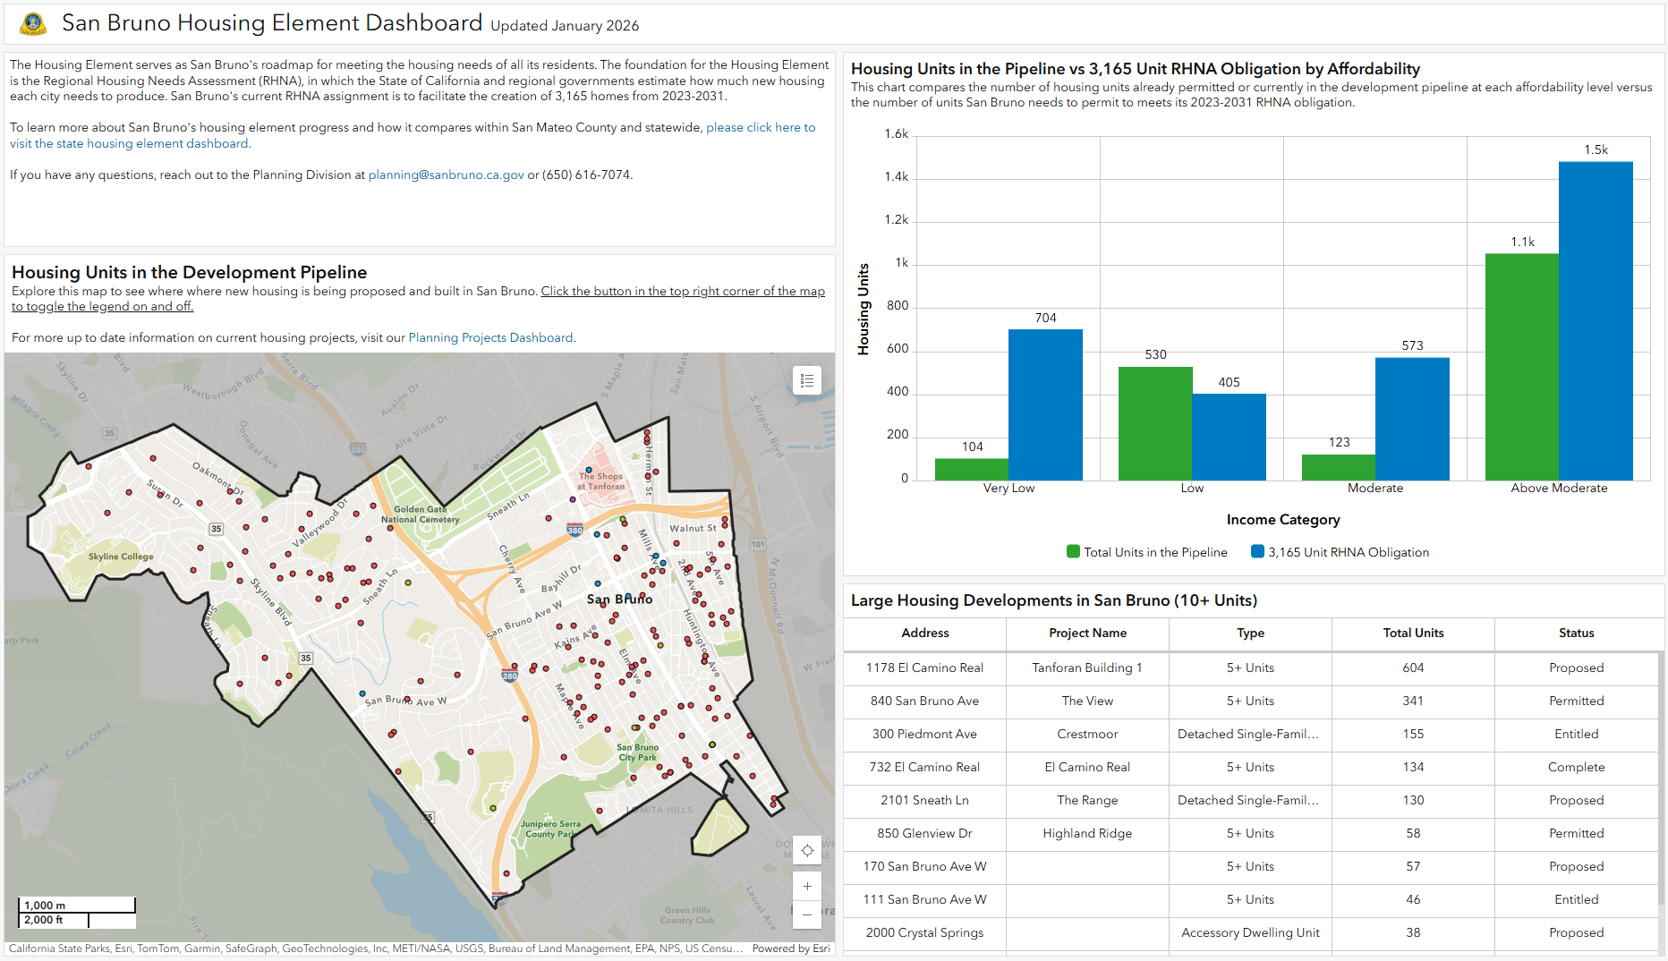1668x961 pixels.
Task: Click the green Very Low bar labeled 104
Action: (972, 469)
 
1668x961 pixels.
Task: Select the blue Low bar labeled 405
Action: (1229, 437)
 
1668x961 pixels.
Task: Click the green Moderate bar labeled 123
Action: (1339, 467)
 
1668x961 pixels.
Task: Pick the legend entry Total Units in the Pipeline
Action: (1147, 552)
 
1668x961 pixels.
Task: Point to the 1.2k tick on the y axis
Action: (896, 220)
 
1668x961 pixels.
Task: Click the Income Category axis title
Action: (1282, 520)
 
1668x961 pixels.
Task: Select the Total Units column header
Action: (1413, 633)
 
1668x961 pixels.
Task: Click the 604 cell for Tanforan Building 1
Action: (1413, 668)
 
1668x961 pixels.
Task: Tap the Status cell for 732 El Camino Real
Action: (1576, 767)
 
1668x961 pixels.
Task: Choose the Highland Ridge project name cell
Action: (1087, 833)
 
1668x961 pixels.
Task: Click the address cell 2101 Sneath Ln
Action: (924, 800)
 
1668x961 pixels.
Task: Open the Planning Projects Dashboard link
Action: (490, 337)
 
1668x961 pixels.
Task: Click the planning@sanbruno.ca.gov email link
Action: (446, 174)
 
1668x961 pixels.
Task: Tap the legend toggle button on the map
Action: (806, 380)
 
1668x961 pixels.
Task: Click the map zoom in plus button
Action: (806, 886)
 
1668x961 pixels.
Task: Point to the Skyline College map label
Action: (121, 557)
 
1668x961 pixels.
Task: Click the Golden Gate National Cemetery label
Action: (420, 515)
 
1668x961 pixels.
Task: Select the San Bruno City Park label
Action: (637, 752)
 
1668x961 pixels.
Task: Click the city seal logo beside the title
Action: (33, 24)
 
